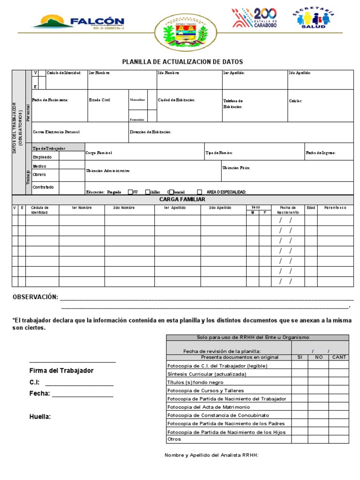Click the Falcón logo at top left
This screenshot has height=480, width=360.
point(78,22)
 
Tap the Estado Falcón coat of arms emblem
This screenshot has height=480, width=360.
point(180,32)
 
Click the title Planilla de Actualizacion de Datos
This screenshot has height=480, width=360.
point(182,62)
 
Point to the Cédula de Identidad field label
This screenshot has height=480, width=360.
point(64,73)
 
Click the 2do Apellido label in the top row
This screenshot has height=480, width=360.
point(300,73)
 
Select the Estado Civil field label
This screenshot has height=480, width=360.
point(99,100)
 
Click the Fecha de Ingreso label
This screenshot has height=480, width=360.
point(321,153)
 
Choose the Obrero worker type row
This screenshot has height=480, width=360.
point(39,174)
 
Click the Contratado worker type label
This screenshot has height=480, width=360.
point(43,187)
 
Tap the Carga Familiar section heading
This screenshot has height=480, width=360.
point(182,200)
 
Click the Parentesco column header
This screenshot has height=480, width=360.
point(335,208)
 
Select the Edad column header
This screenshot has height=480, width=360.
point(311,208)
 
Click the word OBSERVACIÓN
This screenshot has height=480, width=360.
point(35,297)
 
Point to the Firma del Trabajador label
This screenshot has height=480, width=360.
point(61,371)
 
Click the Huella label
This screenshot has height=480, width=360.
point(40,417)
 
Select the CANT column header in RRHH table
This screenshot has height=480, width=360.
point(338,357)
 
